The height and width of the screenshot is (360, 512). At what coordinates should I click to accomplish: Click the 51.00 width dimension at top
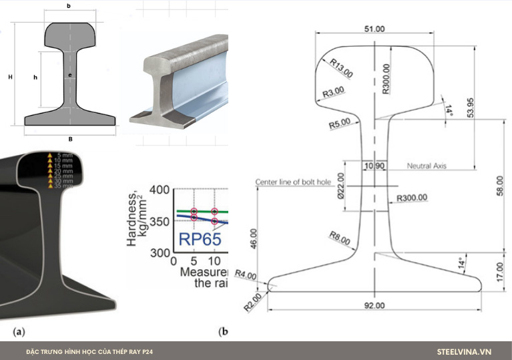pos(374,28)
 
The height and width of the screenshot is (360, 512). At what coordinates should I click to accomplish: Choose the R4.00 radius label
pos(247,275)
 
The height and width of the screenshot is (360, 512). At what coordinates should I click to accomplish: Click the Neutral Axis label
pos(427,165)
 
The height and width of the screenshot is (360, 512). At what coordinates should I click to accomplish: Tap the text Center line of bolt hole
pos(294,182)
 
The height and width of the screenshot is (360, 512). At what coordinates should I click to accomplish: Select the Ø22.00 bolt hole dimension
pos(340,186)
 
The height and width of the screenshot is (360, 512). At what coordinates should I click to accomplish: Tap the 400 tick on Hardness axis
pos(160,190)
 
